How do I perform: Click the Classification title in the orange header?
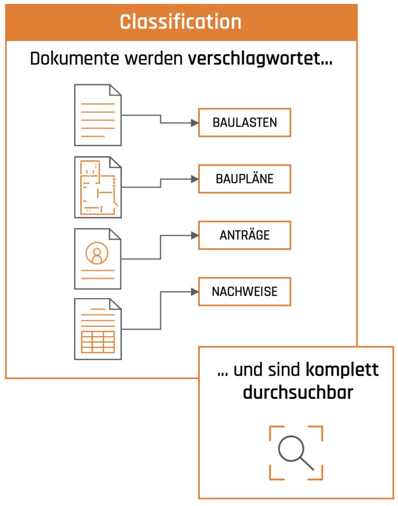(181, 22)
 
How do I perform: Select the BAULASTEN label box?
(244, 123)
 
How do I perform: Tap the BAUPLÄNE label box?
(244, 179)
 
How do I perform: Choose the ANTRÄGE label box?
(244, 235)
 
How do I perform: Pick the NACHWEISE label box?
(244, 292)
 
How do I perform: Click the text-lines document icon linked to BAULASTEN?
(97, 115)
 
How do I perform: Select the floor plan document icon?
(97, 187)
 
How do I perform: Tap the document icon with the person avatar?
(97, 258)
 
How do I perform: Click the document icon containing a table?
(97, 329)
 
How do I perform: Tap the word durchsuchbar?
(298, 392)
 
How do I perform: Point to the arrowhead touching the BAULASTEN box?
(194, 123)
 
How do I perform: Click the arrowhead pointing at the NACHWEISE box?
(194, 292)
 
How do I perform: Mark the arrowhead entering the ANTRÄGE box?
(194, 235)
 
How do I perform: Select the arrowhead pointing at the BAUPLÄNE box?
(194, 179)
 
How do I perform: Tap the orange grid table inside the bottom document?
(97, 342)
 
